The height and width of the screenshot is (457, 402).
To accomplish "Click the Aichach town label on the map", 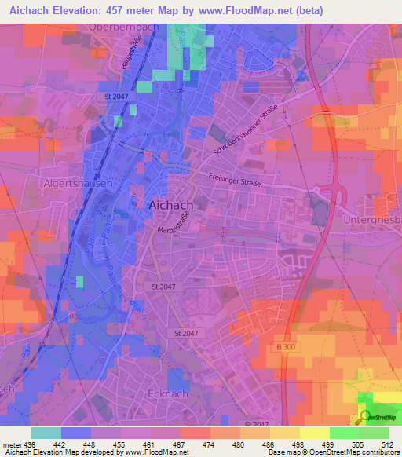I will tap(171, 204).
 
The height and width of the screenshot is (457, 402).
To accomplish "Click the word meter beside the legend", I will tap(13, 443).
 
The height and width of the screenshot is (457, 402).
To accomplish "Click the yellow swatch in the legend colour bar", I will tap(314, 433).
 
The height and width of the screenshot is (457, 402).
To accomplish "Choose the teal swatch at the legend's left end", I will tap(46, 433).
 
